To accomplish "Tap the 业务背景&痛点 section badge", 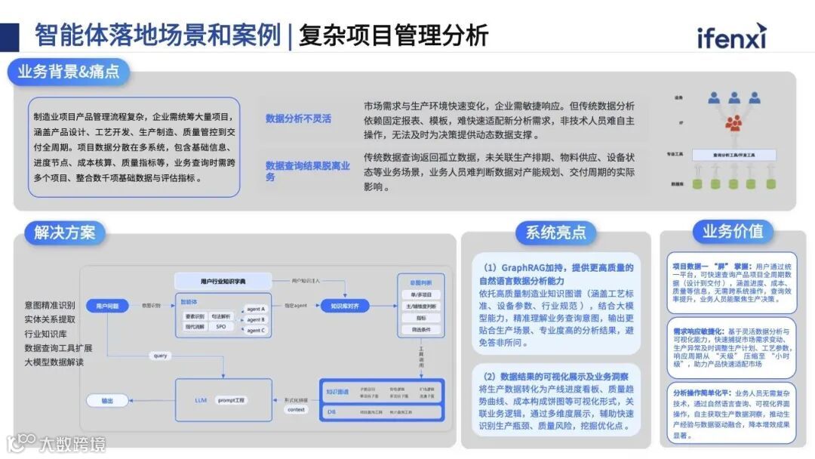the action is coord(69,72).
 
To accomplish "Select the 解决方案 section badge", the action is coord(65,233).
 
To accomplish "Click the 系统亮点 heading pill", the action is coord(555,233).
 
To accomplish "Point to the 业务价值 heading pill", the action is coord(733,231).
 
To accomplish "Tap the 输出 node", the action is coord(107,401).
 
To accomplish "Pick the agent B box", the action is coord(256,319).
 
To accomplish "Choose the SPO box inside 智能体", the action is coord(220,327).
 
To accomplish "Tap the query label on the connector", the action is coord(161,356).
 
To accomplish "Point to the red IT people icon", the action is coord(733,123).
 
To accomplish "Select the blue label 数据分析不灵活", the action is coord(298,119).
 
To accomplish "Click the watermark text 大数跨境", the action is coord(72,443).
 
